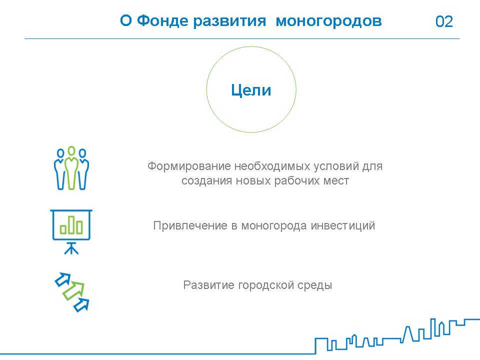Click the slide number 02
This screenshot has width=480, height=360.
[444, 21]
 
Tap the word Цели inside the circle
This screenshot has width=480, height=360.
[251, 90]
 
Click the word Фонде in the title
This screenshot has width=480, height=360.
[162, 21]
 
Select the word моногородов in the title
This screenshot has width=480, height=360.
[329, 21]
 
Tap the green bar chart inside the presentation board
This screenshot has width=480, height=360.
[71, 225]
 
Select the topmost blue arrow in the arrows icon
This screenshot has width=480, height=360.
[63, 279]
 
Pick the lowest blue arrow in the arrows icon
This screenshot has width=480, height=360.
[81, 305]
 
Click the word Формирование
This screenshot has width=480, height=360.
[189, 166]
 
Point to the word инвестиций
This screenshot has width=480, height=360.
[343, 225]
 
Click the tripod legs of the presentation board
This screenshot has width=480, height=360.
[71, 248]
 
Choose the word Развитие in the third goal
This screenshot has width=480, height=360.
[209, 285]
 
